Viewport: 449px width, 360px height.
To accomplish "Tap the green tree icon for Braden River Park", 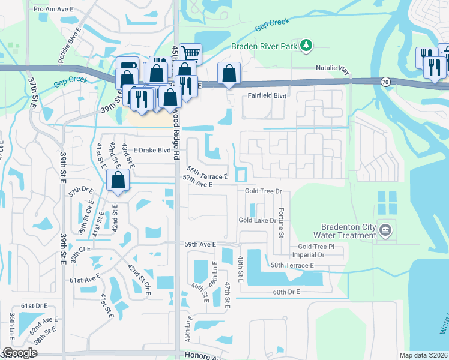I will pyautogui.click(x=307, y=45).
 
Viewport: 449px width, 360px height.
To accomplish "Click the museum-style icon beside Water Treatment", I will pyautogui.click(x=385, y=229).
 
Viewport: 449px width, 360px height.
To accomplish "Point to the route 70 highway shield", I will pyautogui.click(x=384, y=80).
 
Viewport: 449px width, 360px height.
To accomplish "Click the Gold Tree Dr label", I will pyautogui.click(x=263, y=191).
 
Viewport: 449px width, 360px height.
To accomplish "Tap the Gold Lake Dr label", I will pyautogui.click(x=257, y=220).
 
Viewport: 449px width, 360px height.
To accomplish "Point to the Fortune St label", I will pyautogui.click(x=281, y=222).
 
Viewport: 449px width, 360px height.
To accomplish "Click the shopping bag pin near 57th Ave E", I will pyautogui.click(x=118, y=180).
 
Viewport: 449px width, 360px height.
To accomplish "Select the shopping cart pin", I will pyautogui.click(x=190, y=54).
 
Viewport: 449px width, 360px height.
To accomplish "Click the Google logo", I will pyautogui.click(x=20, y=353).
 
